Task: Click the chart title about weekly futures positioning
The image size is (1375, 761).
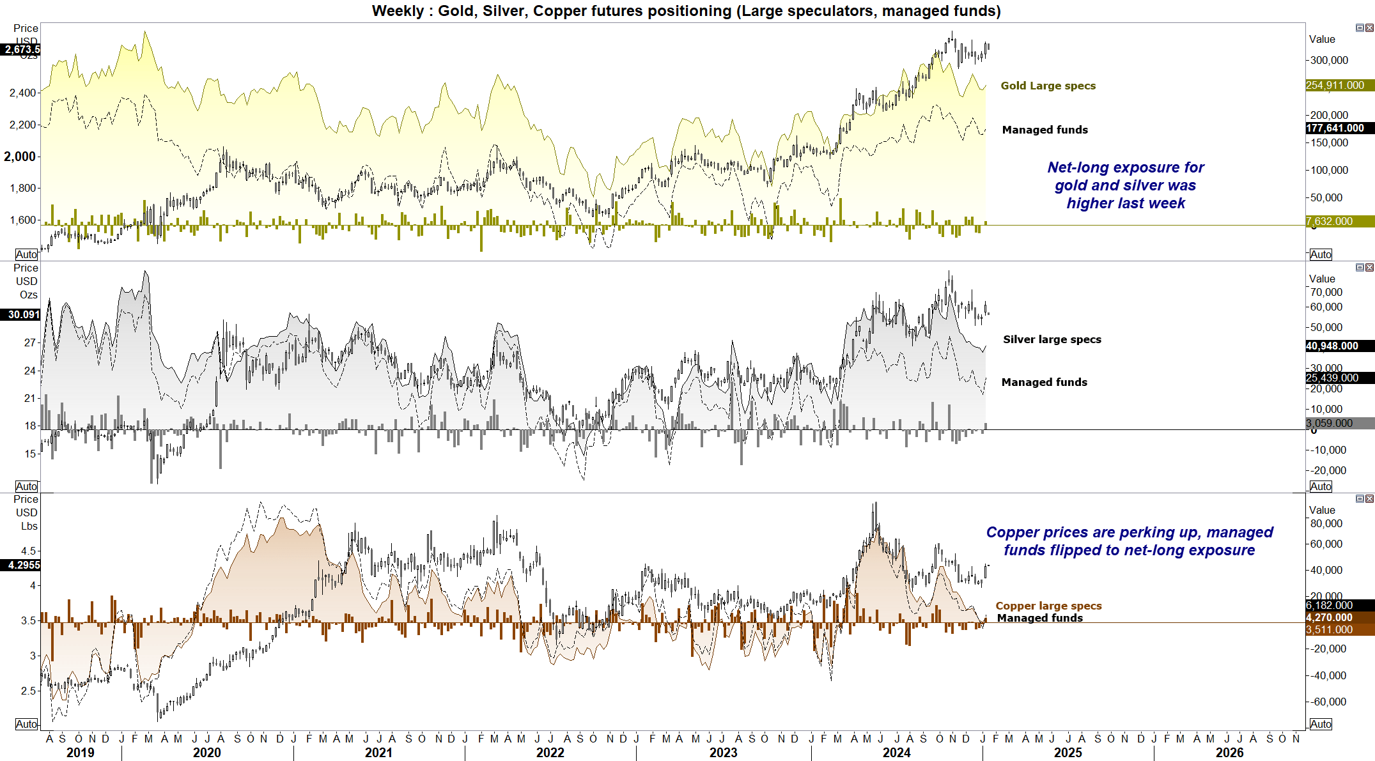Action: pos(686,11)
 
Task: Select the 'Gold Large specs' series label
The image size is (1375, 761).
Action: pos(1048,86)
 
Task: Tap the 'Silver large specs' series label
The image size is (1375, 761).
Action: pos(1052,339)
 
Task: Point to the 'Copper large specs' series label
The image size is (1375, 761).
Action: pos(1048,606)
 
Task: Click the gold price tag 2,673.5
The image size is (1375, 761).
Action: pos(22,49)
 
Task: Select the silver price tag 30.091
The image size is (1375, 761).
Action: pos(23,314)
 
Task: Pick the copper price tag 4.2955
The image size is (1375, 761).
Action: pos(23,565)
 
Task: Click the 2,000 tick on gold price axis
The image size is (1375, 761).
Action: pos(20,157)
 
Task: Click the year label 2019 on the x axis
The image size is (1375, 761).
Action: pos(81,753)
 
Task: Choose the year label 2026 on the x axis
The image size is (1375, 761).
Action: pos(1229,753)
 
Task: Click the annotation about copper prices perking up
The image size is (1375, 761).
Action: pos(1129,541)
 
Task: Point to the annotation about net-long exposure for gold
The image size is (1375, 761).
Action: pos(1125,185)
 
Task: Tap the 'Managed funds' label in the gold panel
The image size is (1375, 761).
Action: pos(1045,130)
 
